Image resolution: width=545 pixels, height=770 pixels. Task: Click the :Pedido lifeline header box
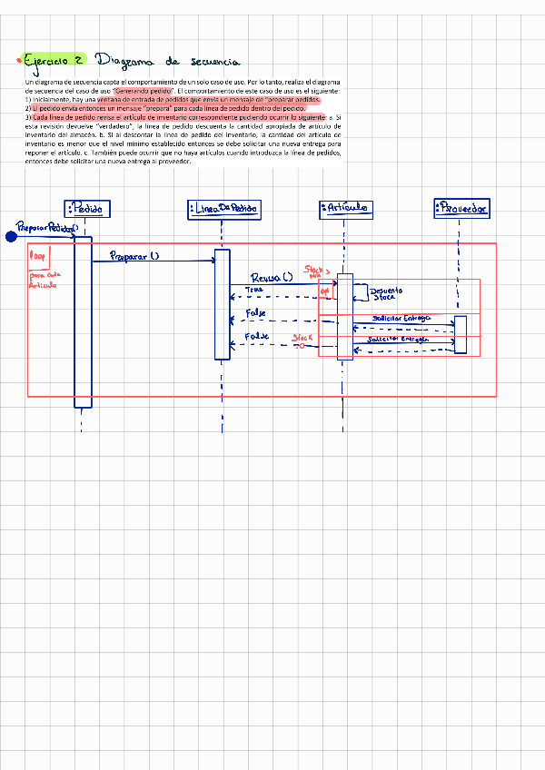(x=88, y=209)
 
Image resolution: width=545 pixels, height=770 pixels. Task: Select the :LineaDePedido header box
(x=223, y=209)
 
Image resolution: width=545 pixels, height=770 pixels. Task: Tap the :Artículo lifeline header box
(x=346, y=209)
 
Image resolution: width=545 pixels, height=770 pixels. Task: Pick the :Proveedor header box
(x=461, y=209)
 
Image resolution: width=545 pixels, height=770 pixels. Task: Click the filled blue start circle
(x=12, y=237)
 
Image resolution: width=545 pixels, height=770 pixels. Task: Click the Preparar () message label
(x=134, y=256)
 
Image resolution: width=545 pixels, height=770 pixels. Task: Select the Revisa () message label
(x=271, y=278)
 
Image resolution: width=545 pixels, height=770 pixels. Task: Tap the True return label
(x=253, y=291)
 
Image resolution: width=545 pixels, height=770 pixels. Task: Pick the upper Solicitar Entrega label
(x=401, y=318)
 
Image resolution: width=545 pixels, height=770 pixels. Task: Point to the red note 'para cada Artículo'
(x=43, y=280)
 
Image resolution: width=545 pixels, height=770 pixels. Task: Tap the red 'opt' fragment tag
(x=325, y=291)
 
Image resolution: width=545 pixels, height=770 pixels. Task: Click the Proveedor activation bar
(x=461, y=334)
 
